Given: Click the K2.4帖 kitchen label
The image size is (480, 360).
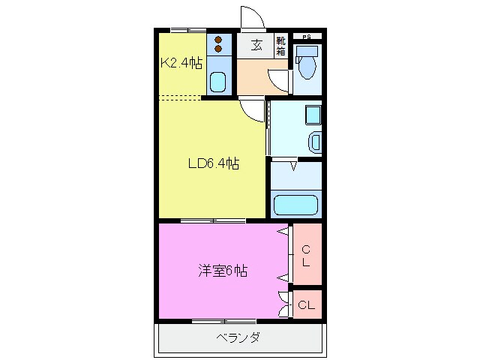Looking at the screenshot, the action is tap(181, 63).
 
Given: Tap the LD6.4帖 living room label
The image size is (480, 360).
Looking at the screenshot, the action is tap(213, 163).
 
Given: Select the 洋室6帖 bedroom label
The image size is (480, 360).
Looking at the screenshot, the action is tap(223, 271).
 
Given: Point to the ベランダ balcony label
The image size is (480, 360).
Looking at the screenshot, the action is tap(238, 338).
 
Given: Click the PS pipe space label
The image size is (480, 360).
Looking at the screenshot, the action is tap(307, 37).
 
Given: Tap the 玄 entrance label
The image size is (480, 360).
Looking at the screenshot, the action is tap(256, 46).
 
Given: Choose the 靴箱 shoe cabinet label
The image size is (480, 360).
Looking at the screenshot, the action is tap(280, 46).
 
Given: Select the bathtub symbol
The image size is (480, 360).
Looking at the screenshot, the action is tap(295, 205).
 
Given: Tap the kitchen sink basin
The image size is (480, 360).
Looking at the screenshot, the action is tap(218, 82).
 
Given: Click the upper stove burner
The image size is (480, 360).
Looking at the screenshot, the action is tap(218, 40).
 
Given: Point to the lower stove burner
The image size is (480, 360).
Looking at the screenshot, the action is tap(218, 49).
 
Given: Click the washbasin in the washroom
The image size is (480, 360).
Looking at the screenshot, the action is tap(315, 142).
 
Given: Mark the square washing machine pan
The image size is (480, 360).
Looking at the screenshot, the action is tap(313, 115).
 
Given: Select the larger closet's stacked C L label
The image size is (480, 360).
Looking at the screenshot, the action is tap(306, 256).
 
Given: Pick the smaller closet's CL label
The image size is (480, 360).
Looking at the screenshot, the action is tap(307, 305).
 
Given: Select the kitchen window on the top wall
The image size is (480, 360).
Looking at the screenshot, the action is tap(188, 30).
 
